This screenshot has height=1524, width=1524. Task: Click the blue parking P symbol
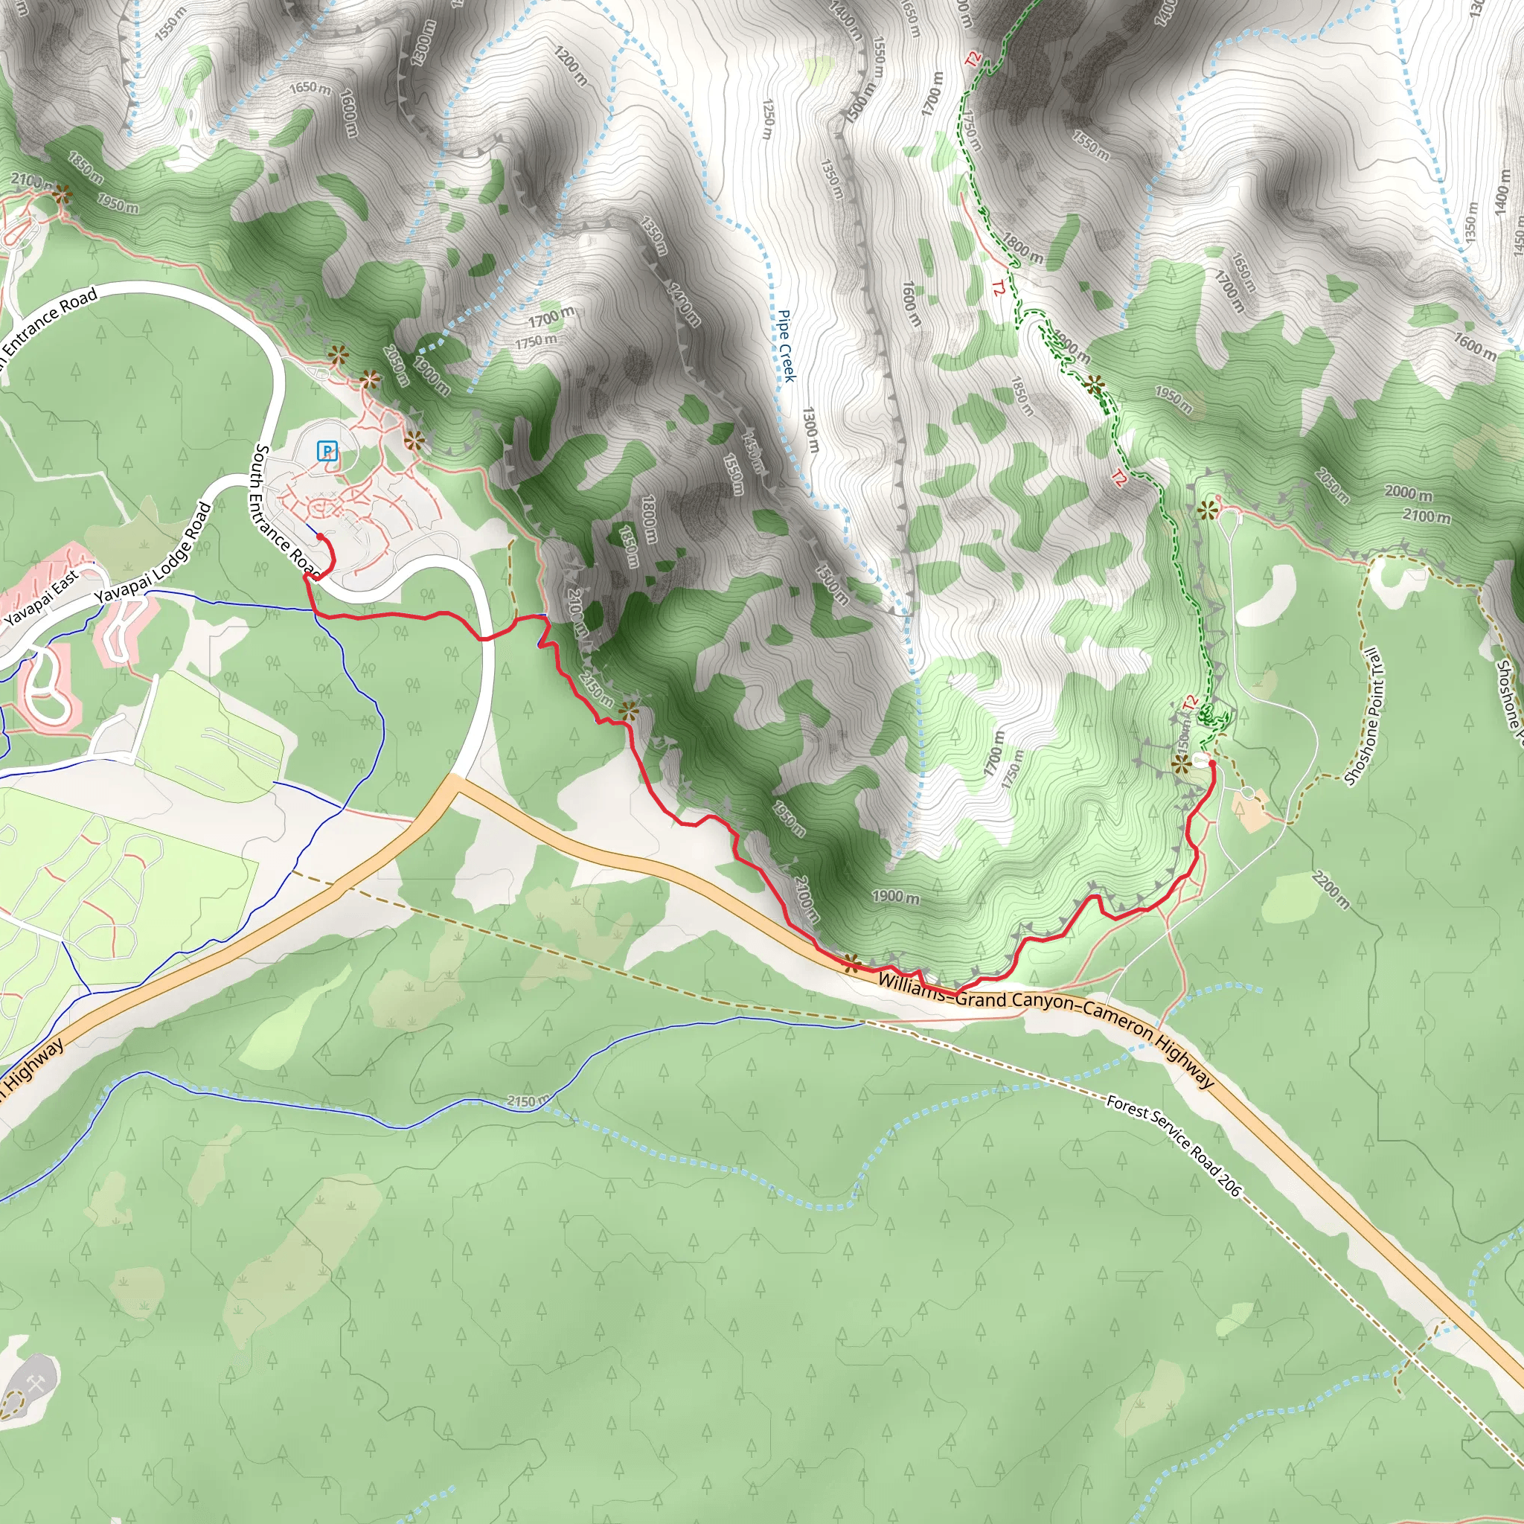coord(327,451)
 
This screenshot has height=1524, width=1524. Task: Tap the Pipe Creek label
coord(787,345)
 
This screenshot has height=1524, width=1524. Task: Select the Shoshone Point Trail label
coord(1363,717)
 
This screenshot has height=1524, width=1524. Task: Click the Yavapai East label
coord(41,597)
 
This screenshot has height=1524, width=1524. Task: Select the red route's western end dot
coord(320,537)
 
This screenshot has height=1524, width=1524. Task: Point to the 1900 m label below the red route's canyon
coord(895,897)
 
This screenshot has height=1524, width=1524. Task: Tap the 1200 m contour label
coord(570,66)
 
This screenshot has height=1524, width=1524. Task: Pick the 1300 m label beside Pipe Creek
coord(810,430)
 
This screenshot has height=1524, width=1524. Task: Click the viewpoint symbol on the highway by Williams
coord(851,962)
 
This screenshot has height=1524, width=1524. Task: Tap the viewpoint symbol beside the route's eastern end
coord(1180,763)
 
